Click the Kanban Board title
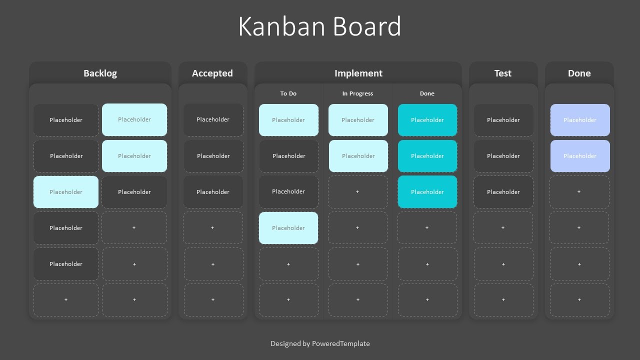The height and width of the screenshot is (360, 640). pos(319,26)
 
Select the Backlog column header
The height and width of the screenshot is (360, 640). pos(100,73)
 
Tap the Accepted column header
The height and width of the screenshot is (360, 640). pos(212,73)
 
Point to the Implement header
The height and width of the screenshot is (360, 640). pos(358,73)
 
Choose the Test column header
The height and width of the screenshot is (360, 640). pos(503,73)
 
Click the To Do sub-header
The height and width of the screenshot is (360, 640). pos(288,93)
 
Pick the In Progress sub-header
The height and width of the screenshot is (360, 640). pos(357,93)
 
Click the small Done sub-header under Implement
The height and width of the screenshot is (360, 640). pos(427,93)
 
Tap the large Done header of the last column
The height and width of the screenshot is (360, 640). pos(579,73)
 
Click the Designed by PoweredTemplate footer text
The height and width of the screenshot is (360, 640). pos(320,343)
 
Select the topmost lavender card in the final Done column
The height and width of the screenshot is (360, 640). pos(580,120)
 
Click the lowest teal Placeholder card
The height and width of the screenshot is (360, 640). pos(427,192)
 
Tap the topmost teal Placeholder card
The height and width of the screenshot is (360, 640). pos(427,120)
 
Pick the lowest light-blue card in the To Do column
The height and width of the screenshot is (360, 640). pos(288,228)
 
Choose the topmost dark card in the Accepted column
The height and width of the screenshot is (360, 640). pos(213,120)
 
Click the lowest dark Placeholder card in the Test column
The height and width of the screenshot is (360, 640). pos(503,192)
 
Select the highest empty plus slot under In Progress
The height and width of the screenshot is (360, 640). pos(357,192)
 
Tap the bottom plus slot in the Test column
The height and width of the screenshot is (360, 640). pos(503,300)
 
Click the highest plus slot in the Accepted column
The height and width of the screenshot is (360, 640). pos(213,228)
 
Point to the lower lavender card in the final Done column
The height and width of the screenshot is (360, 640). pos(580,156)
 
